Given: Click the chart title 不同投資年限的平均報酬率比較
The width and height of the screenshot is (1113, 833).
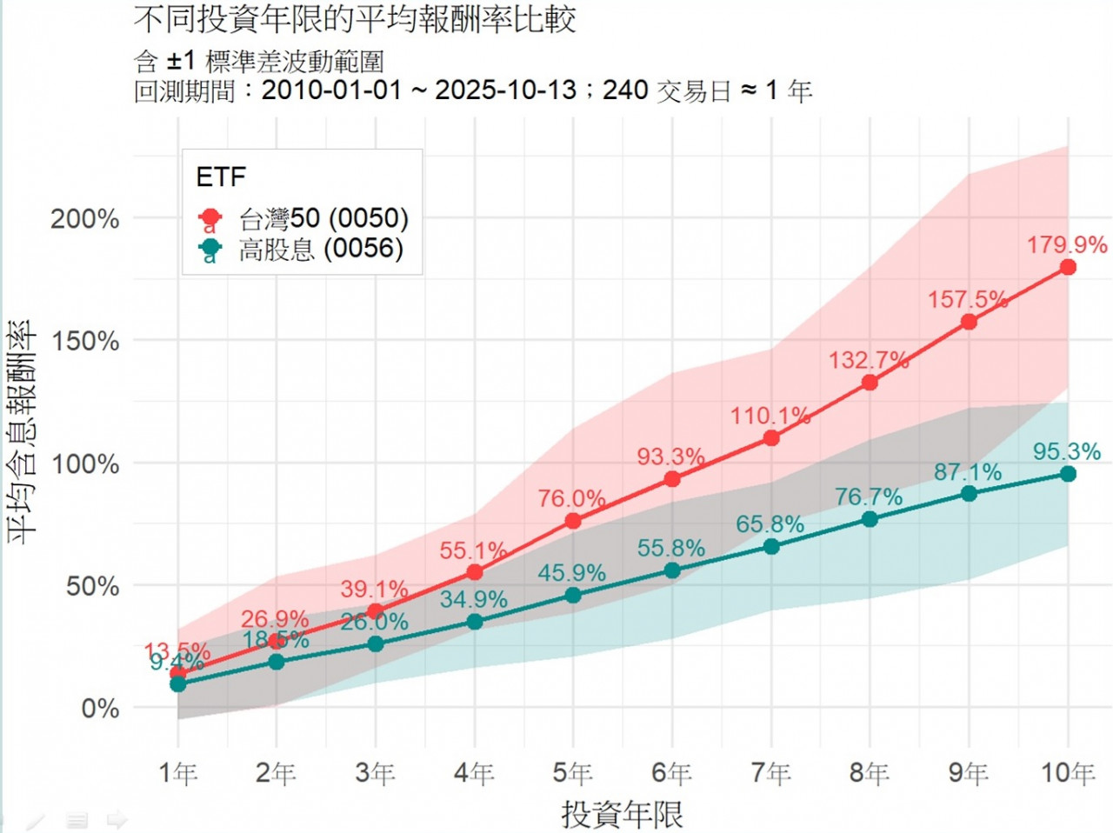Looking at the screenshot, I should [355, 19].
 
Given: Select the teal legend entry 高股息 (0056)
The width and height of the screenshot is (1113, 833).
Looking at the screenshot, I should [321, 250].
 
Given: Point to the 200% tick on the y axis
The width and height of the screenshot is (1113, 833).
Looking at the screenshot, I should [85, 219].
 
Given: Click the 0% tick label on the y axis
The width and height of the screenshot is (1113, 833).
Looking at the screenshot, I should [100, 709].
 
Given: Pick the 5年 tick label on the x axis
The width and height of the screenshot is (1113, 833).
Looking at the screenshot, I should [572, 772].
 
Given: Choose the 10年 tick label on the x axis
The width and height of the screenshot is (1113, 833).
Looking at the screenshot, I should [1068, 772].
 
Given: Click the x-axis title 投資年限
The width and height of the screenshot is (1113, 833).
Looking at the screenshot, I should [622, 815].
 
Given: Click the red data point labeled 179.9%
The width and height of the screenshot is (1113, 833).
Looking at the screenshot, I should [1068, 267].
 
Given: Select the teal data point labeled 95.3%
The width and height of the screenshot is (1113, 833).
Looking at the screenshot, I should [1068, 474].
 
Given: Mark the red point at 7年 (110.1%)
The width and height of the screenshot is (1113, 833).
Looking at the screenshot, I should [771, 438].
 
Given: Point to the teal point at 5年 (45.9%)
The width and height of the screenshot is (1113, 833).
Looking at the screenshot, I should [573, 596].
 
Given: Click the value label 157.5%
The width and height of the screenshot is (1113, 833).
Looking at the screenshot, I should [967, 300].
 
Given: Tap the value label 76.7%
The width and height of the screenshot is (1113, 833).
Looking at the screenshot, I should [869, 497].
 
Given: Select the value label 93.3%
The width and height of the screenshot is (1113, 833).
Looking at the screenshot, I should [670, 456].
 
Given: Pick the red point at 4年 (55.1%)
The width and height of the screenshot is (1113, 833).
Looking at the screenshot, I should [475, 572].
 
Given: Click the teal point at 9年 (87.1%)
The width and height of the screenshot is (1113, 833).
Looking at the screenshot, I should [969, 494].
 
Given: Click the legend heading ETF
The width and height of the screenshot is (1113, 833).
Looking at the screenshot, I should [221, 177].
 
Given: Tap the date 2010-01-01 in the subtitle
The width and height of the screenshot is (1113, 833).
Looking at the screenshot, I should [331, 90].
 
